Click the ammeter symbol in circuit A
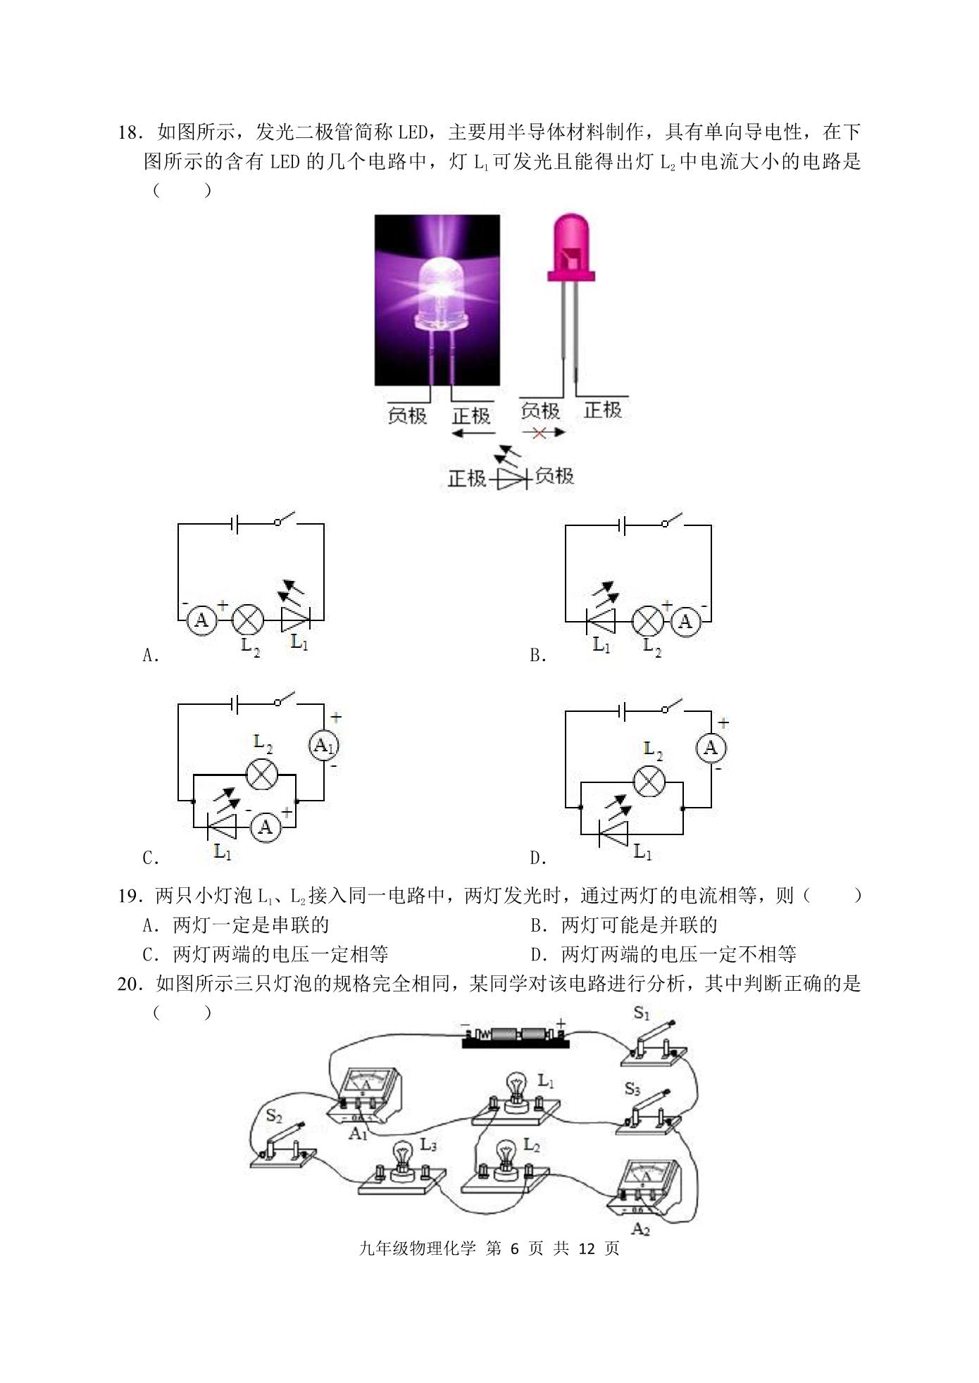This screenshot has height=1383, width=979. click(201, 620)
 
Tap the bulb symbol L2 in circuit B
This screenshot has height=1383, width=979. click(647, 620)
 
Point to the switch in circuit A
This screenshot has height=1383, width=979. click(285, 521)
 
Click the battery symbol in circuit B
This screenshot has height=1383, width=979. click(622, 525)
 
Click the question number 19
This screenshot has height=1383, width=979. click(131, 896)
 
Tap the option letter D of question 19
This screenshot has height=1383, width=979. click(536, 955)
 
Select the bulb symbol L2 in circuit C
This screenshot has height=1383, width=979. click(262, 774)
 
